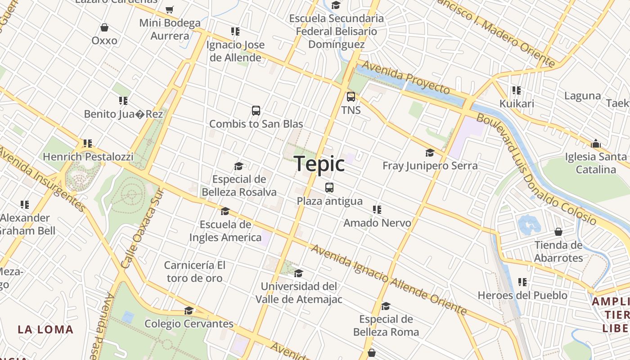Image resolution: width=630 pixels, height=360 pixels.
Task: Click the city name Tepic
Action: [x=319, y=163]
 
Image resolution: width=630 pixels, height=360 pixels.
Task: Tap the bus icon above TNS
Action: [x=351, y=97]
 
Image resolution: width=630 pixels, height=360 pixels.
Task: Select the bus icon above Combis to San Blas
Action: [x=256, y=111]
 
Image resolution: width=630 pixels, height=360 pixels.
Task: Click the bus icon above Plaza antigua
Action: [x=329, y=188]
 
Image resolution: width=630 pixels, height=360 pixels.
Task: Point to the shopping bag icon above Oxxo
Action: [x=104, y=28]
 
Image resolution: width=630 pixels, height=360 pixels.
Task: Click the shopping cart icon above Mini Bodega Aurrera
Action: [x=170, y=9]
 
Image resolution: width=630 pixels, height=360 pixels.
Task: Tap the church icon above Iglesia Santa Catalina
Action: [x=596, y=144]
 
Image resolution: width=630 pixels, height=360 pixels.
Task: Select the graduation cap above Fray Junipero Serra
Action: [x=430, y=153]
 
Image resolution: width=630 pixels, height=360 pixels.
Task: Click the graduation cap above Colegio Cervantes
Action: [x=189, y=311]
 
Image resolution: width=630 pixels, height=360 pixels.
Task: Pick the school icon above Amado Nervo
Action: [x=377, y=210]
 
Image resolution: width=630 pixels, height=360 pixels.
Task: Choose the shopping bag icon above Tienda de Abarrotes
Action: [x=558, y=232]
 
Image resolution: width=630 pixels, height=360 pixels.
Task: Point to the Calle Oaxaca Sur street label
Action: [x=141, y=228]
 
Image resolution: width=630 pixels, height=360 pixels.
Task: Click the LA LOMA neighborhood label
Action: [x=45, y=329]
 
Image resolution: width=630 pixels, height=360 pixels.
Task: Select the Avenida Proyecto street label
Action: [x=406, y=77]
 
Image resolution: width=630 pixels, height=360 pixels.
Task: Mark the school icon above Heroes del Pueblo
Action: [x=522, y=283]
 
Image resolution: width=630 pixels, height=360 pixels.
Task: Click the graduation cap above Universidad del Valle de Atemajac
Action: [x=298, y=274]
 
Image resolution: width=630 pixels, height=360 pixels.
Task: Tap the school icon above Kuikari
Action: [x=517, y=90]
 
